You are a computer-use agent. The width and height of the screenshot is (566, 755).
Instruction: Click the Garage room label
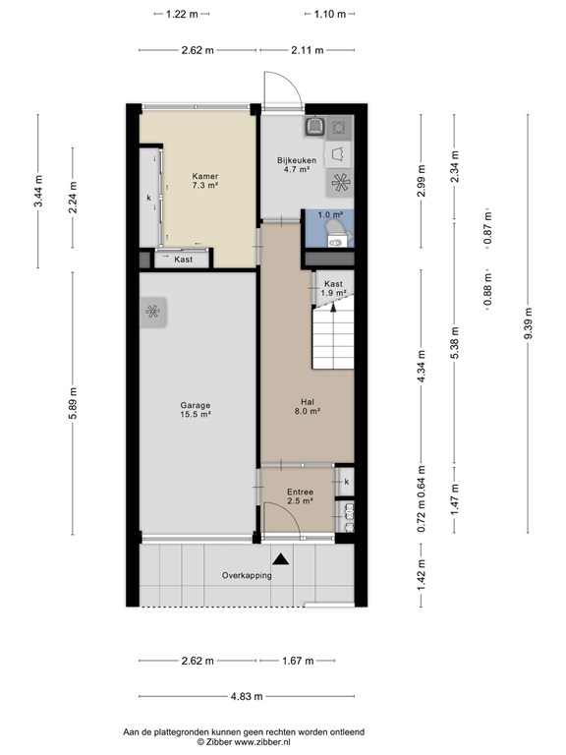(196, 409)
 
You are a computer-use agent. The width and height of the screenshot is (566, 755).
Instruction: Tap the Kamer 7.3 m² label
(205, 181)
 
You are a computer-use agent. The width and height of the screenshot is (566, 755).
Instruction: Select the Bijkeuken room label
(297, 165)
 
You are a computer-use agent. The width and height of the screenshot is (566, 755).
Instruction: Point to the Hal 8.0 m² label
(308, 406)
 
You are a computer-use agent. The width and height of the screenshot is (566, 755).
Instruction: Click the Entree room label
(301, 495)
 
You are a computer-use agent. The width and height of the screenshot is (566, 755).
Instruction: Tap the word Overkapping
(247, 575)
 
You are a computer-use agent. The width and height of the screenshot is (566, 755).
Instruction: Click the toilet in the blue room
(339, 233)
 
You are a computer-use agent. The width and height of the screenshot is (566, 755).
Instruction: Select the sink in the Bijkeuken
(314, 126)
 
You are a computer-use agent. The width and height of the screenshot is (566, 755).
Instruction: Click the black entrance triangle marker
(281, 559)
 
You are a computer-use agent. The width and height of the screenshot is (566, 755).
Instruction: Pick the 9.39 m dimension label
(528, 323)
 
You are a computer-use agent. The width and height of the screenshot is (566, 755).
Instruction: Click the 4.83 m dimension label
(247, 696)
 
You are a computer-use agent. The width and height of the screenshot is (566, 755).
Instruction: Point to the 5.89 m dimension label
(73, 403)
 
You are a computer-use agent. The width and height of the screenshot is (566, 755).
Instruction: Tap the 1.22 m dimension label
(182, 14)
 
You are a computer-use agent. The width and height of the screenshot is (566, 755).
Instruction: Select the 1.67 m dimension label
(298, 661)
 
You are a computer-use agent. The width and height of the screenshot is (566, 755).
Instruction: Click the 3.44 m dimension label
(38, 191)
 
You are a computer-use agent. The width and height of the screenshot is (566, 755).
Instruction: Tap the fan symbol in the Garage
(153, 312)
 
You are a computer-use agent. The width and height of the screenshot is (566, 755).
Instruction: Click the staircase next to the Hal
(333, 333)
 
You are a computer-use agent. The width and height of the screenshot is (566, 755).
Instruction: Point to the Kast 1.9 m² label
(333, 288)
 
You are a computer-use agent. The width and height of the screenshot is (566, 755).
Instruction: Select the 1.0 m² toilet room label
(330, 214)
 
